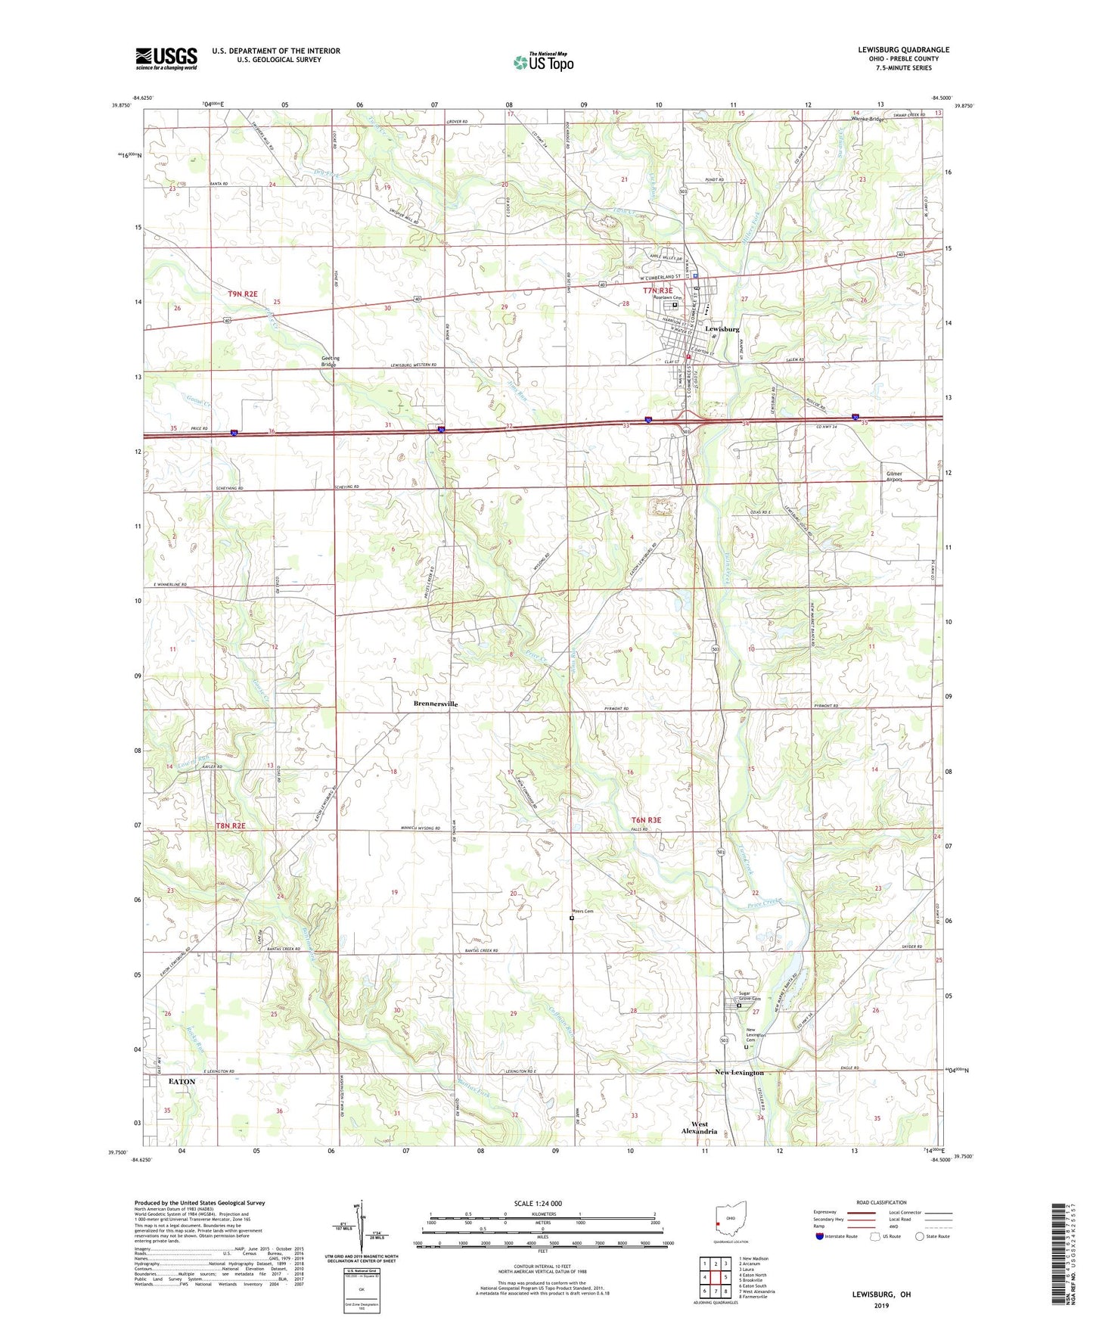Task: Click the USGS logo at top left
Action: (x=166, y=58)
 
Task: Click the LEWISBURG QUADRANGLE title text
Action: (x=903, y=50)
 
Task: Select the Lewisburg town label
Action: (x=722, y=329)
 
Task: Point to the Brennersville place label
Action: (x=436, y=704)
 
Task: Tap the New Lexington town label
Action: (x=740, y=1073)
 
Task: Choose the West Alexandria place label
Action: (x=700, y=1127)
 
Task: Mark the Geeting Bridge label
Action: (x=331, y=361)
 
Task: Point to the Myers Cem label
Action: (x=582, y=912)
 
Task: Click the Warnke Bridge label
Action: (x=868, y=120)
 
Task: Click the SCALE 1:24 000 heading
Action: (x=538, y=1204)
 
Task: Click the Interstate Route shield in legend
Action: (x=821, y=1236)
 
